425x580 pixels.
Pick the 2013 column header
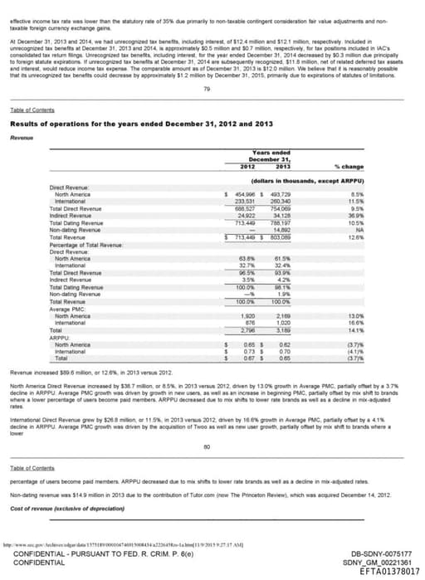pos(281,168)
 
